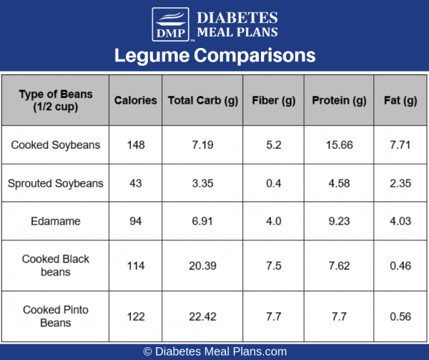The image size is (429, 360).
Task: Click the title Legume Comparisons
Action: coord(214,55)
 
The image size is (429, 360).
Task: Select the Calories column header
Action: coord(135,100)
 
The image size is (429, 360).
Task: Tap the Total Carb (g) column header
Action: coord(202,100)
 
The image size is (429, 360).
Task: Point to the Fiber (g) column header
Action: coord(274,100)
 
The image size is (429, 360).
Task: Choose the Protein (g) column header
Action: coord(339,100)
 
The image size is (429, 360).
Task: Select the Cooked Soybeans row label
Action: coord(56,145)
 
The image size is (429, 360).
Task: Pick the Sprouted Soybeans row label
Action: coord(56,183)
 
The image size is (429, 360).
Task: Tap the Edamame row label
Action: coord(56,221)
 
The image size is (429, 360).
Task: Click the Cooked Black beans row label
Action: coord(56,266)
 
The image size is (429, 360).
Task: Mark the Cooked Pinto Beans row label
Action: coord(56,316)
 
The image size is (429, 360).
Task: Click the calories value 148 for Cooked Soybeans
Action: coord(135,145)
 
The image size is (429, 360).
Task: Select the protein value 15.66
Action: coord(339,145)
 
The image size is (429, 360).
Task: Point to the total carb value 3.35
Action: coord(202,183)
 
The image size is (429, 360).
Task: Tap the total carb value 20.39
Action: coord(202,266)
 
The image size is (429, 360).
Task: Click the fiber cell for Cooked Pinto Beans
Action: coord(274,316)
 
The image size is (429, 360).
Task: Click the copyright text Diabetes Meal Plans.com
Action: coord(214,351)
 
